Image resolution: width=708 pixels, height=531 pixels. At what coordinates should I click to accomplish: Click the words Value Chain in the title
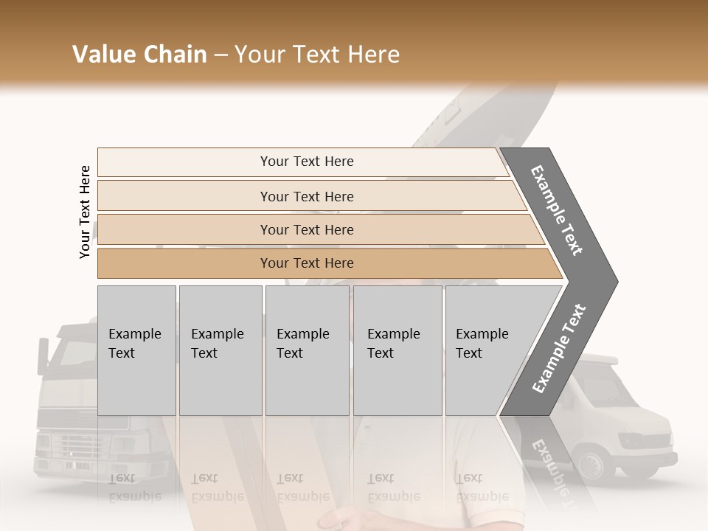[x=139, y=55]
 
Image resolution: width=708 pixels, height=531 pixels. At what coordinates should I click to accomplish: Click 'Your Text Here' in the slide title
[x=318, y=55]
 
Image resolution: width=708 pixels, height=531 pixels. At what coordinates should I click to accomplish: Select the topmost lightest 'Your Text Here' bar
[x=307, y=162]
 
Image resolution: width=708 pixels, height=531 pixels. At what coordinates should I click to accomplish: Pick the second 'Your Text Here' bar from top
[x=307, y=196]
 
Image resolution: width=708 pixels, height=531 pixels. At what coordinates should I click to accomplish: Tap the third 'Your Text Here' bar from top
[x=307, y=229]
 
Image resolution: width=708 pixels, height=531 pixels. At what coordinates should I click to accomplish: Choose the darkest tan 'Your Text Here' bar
[x=307, y=263]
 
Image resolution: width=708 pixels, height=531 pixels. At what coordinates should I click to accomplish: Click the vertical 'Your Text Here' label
[x=85, y=212]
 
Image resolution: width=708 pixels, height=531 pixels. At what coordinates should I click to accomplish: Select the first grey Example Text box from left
[x=136, y=350]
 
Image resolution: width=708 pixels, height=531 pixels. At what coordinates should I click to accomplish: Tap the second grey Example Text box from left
[x=220, y=350]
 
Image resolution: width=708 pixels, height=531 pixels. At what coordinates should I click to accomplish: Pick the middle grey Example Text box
[x=307, y=350]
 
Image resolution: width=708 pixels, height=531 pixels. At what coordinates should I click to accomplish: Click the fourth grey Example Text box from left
[x=397, y=350]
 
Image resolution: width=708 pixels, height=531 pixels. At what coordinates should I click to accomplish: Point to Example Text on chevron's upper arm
[x=557, y=209]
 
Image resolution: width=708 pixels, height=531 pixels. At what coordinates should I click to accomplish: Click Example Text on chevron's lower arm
[x=558, y=349]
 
